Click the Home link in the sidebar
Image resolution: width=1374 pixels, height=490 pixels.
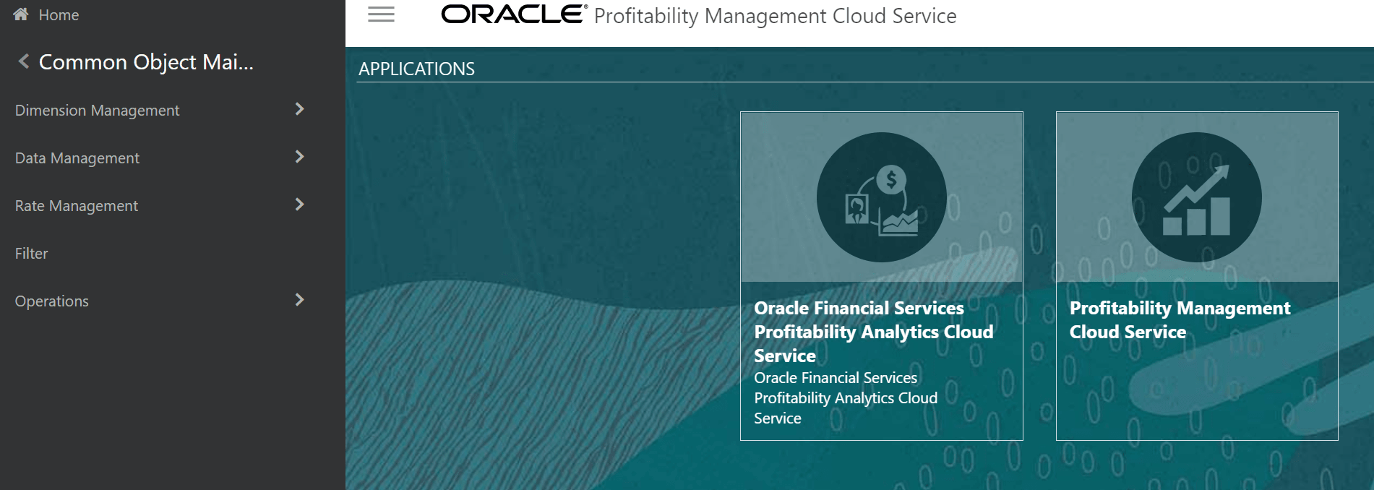coord(59,15)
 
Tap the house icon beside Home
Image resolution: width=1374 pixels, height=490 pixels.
coord(21,14)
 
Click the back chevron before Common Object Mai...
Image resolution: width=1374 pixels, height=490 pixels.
coord(24,61)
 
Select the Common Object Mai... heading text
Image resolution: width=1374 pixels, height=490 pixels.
coord(146,62)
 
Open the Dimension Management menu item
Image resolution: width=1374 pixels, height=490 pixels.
coord(97,111)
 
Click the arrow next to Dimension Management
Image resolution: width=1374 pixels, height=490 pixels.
coord(300,109)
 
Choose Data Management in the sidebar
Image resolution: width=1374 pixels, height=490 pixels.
coord(77,158)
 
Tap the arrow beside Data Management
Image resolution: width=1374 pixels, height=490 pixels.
coord(300,157)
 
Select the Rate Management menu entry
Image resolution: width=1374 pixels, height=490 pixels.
coord(77,206)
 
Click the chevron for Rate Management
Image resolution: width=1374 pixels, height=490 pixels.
coord(300,205)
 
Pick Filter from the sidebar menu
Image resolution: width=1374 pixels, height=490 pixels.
coord(32,254)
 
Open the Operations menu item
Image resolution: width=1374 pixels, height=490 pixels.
coord(52,301)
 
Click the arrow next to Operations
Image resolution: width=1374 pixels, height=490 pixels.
coord(300,300)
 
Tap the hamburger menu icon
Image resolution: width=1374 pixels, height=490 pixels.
coord(381,14)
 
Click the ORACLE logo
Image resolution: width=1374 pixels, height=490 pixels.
coord(513,14)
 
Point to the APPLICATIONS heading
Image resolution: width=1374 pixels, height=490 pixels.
coord(416,69)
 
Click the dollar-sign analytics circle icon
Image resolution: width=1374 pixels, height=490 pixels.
coord(881,197)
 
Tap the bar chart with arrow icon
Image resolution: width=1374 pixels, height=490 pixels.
coord(1196,197)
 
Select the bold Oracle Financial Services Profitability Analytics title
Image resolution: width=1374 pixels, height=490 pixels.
coord(873,332)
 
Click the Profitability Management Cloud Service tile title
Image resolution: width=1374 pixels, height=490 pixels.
coord(1180,320)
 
